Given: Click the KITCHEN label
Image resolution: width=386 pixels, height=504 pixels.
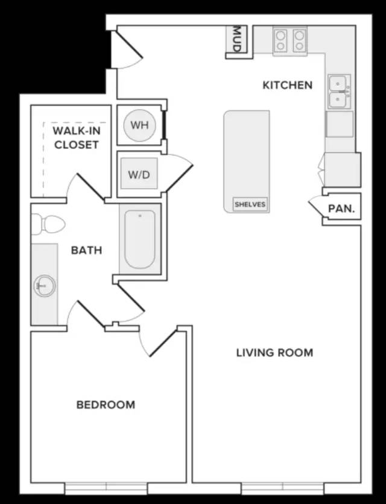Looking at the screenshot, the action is [x=287, y=85].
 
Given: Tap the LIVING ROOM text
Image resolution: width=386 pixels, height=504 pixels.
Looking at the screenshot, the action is [x=274, y=353].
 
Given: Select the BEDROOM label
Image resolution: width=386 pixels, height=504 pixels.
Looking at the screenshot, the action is [x=106, y=405].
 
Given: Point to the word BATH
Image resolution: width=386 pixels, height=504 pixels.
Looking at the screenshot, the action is [x=86, y=250].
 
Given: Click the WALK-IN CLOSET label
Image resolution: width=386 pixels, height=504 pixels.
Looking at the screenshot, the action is [x=77, y=137].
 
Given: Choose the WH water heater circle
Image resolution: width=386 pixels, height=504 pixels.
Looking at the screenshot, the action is [x=139, y=125].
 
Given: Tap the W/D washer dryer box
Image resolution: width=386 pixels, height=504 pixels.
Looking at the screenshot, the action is [x=139, y=173].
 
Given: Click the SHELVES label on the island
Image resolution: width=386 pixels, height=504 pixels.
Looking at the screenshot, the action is [x=250, y=204].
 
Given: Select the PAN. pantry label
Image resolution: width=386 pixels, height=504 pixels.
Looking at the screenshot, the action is [x=341, y=209].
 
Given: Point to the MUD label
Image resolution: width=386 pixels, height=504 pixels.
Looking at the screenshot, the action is [x=236, y=39].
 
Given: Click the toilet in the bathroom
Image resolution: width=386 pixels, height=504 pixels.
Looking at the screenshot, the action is [x=48, y=224].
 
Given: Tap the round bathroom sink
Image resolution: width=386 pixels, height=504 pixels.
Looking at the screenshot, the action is [x=45, y=286].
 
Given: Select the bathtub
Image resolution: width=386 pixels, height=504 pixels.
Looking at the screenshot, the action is [x=140, y=239].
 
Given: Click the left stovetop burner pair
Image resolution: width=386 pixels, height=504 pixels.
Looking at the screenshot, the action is [x=280, y=40].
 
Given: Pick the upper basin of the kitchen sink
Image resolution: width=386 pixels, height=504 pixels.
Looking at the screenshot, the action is [x=337, y=84].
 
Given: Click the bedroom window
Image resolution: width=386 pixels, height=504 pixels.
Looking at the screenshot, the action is [x=106, y=488].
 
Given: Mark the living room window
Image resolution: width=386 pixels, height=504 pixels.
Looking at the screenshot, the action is [x=282, y=488].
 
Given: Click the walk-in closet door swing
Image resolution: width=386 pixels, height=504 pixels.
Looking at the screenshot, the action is [x=85, y=187].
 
